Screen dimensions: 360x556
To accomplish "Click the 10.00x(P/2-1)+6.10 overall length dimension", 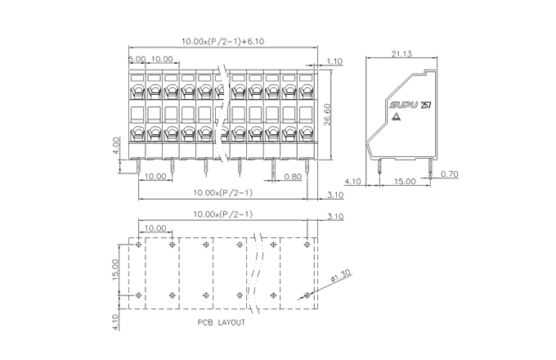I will click(x=222, y=40).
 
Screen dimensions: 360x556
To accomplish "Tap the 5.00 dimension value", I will click(x=136, y=59).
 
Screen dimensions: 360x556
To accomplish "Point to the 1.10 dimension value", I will click(x=334, y=61).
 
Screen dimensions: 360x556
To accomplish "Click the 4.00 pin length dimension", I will click(x=116, y=145).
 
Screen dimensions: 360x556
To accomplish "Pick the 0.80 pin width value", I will click(x=292, y=177).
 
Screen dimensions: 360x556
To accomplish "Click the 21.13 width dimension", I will click(x=401, y=54).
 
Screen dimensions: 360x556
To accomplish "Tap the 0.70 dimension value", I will click(x=449, y=174).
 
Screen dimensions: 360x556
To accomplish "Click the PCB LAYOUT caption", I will click(x=221, y=322).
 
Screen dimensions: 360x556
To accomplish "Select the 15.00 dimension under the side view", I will click(x=404, y=181).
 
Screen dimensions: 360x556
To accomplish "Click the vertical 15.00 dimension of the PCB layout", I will click(x=116, y=270).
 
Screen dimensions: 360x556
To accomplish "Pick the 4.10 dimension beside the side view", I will click(x=353, y=181).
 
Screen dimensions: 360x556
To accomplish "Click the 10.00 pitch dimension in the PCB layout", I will click(x=155, y=228).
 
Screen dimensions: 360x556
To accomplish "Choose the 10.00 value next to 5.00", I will click(x=162, y=59).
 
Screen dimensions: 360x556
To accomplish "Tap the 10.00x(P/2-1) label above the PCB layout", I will click(x=222, y=214).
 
